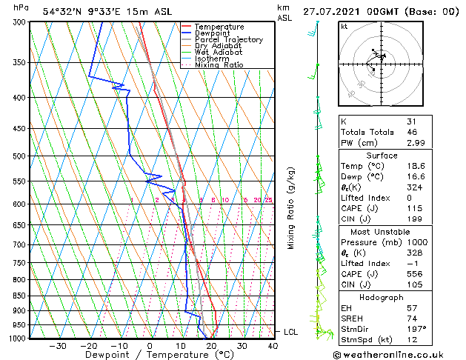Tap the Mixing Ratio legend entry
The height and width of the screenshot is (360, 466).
tap(219, 65)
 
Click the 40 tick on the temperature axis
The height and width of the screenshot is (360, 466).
tap(273, 346)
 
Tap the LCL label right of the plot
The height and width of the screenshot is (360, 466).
tap(290, 332)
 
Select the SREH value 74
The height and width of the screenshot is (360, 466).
tap(411, 318)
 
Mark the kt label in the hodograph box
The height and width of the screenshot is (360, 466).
tap(344, 26)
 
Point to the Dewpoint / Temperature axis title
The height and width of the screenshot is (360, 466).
tap(149, 355)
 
